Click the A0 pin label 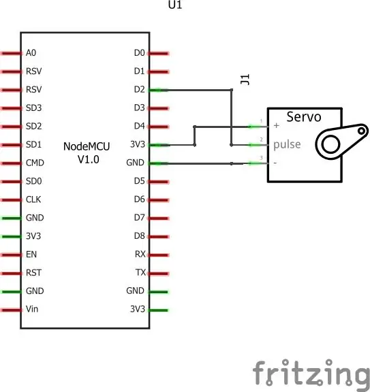pos(31,53)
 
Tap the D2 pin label pos(140,89)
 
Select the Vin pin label pos(32,309)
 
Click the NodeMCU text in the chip pos(87,146)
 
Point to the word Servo pos(304,117)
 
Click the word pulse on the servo pos(287,144)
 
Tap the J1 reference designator pos(245,80)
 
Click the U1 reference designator pos(175,5)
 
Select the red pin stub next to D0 pos(159,53)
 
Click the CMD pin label pos(35,163)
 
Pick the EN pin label pos(31,255)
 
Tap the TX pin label pos(140,272)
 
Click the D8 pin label pos(140,235)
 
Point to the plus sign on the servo pos(277,125)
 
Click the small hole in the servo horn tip pos(361,131)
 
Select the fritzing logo pos(311,374)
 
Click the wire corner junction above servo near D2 pos(232,90)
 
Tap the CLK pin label pos(33,199)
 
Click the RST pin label pos(33,272)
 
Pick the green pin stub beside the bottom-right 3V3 pos(159,310)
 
